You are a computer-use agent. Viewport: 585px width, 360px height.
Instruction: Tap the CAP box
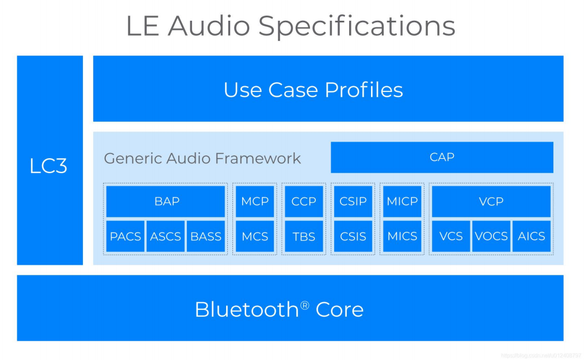442,157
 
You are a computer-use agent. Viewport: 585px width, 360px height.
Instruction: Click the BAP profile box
166,201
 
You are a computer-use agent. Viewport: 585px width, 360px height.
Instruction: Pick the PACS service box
125,236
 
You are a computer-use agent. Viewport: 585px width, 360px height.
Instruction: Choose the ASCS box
166,236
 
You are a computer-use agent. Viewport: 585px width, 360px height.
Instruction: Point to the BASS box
206,236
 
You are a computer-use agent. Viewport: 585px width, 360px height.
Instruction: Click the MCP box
255,201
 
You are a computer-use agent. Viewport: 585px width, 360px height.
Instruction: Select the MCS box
255,236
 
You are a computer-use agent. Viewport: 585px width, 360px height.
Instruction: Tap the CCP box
304,201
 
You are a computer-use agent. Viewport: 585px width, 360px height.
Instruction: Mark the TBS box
304,236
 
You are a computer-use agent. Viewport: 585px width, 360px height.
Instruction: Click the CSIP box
353,201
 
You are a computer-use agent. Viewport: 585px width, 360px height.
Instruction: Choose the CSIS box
353,236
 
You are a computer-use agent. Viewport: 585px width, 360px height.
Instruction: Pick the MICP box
402,201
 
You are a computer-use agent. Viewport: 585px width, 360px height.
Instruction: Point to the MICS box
402,236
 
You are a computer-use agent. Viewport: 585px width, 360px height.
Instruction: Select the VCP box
491,201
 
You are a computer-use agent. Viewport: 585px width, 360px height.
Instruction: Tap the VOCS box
491,236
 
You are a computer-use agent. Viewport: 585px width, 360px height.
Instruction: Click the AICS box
532,236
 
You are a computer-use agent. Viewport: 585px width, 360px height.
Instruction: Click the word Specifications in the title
357,26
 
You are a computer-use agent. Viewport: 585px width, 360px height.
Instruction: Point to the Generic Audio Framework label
202,158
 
